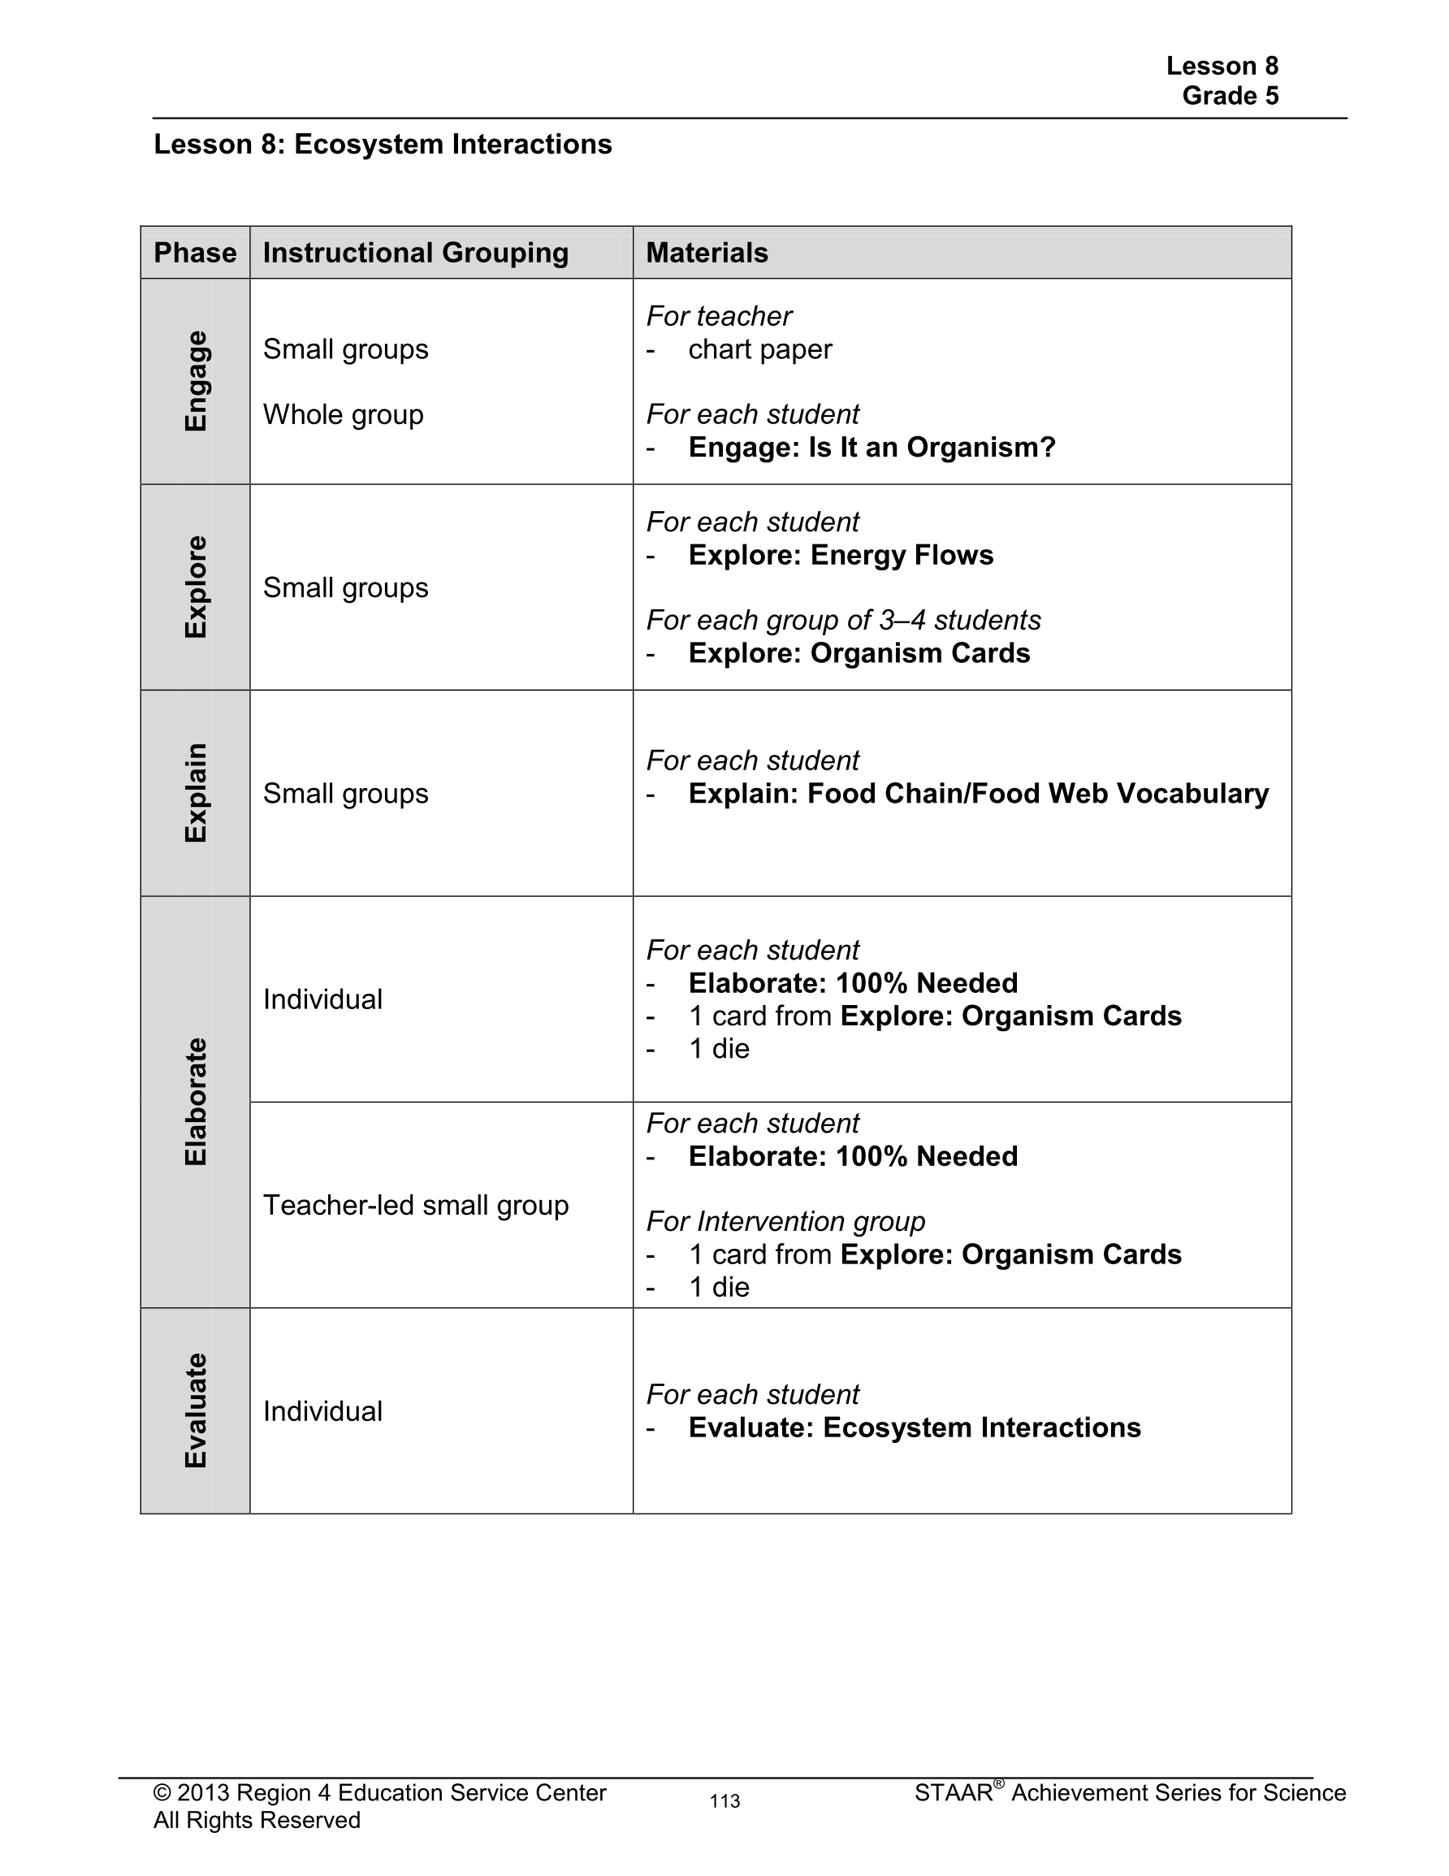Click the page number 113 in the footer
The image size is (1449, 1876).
(x=725, y=1801)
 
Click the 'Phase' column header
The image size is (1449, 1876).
(x=195, y=253)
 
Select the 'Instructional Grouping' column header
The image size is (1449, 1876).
(x=416, y=253)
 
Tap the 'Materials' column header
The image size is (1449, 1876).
(x=707, y=253)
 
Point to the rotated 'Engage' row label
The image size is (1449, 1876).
(x=196, y=381)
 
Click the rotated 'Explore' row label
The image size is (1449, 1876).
(x=196, y=587)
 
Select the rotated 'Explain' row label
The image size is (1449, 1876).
(x=196, y=793)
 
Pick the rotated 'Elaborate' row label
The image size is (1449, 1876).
(x=196, y=1101)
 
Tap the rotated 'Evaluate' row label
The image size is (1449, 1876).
(x=196, y=1410)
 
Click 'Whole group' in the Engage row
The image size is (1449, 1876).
(x=343, y=415)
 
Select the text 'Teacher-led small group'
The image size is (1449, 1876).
(x=416, y=1205)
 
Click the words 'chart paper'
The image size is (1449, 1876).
(x=760, y=349)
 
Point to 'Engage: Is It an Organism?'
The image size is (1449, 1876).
(x=872, y=448)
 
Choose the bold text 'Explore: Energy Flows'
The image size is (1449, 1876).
(x=841, y=556)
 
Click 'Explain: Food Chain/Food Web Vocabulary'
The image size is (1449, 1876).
(x=978, y=794)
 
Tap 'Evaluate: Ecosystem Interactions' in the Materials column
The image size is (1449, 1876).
(x=915, y=1428)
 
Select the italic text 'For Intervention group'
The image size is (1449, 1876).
(x=786, y=1221)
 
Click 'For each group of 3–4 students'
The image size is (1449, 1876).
(x=843, y=620)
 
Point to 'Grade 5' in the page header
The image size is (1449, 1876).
(x=1230, y=95)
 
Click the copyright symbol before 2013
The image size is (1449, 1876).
(x=162, y=1792)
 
